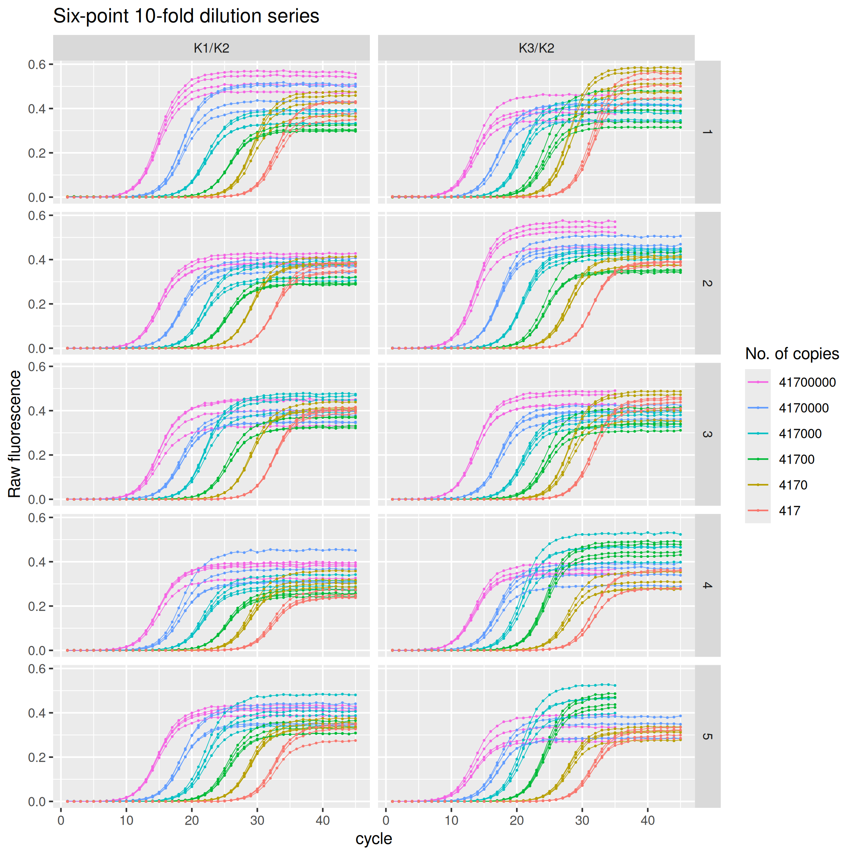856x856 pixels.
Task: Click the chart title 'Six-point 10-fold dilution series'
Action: (186, 17)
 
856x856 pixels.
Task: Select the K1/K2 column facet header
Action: (212, 48)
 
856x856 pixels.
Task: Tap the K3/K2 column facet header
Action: (536, 48)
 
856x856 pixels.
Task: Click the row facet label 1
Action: (707, 132)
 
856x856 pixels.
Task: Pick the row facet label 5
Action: (707, 737)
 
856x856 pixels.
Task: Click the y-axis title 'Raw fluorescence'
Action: (15, 434)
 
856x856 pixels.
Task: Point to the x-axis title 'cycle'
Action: (373, 839)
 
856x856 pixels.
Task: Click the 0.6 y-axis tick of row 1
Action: (37, 65)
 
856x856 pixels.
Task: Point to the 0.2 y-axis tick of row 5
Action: (37, 757)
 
